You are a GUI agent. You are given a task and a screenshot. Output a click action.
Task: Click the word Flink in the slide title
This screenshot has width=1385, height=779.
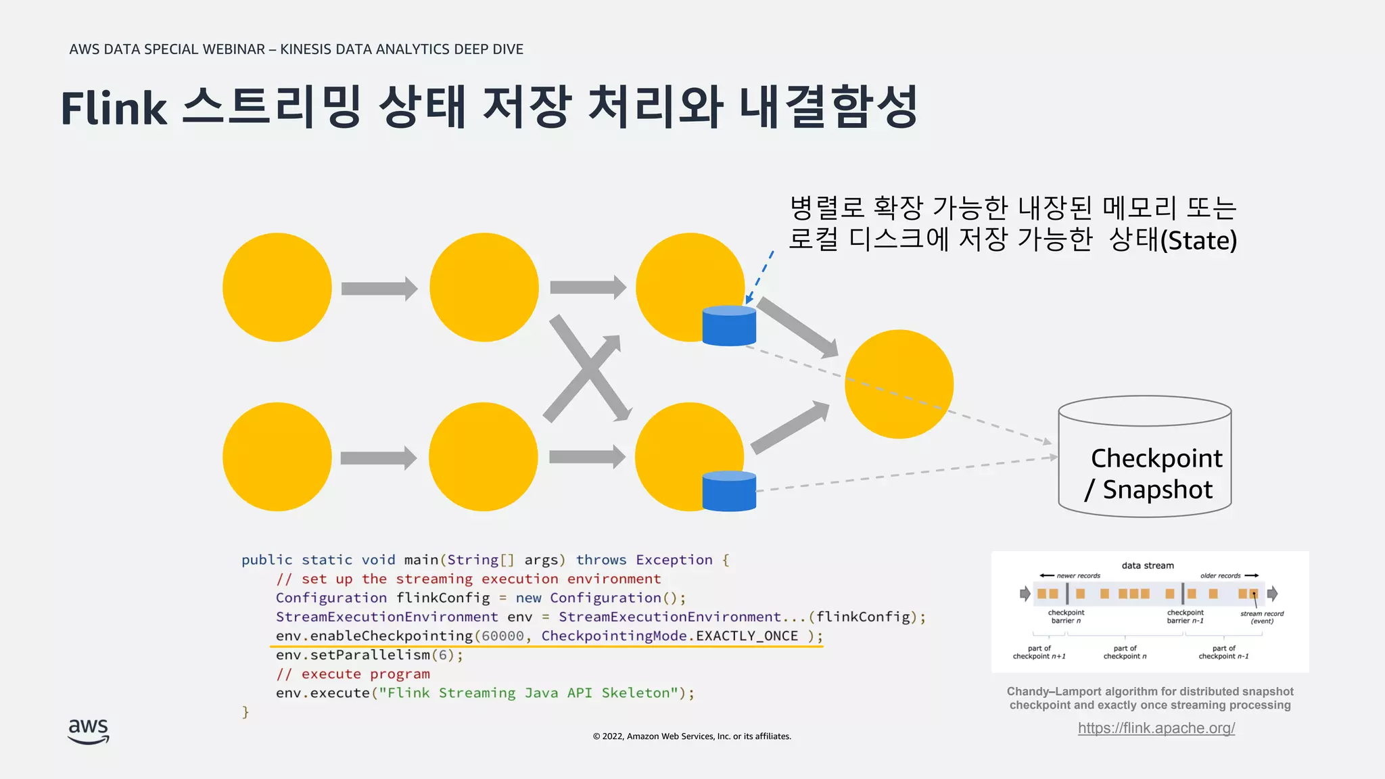point(114,108)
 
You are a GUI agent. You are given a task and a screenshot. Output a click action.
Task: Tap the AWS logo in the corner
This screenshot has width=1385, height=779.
point(89,731)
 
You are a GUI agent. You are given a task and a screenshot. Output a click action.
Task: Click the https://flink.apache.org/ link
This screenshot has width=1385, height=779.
point(1156,728)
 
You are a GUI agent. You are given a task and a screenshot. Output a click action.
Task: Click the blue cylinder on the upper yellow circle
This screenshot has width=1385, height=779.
point(728,327)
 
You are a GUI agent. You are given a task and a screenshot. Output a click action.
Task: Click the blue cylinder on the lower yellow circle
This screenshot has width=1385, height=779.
point(728,492)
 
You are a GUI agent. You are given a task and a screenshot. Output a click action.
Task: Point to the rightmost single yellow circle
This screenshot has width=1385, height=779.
point(899,384)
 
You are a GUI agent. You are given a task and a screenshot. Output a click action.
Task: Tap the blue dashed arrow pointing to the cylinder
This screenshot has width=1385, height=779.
point(760,277)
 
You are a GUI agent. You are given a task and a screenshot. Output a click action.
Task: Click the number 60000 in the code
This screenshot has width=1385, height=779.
point(502,636)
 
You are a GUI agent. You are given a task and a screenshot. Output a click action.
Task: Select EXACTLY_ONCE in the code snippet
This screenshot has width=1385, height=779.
point(747,636)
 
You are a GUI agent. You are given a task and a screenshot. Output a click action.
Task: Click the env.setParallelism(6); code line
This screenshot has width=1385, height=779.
point(369,655)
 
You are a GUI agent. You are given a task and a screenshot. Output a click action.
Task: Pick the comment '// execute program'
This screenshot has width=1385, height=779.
point(353,674)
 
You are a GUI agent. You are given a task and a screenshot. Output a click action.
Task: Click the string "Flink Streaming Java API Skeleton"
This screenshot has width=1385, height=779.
point(528,693)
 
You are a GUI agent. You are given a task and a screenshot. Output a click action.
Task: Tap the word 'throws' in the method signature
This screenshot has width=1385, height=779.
point(601,560)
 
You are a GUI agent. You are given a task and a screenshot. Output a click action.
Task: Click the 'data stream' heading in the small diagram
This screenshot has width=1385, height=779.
point(1148,565)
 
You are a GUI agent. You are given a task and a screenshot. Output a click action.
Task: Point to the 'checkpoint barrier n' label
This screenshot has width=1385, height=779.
point(1066,617)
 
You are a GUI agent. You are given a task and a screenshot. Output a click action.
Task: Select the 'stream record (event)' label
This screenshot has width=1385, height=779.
point(1262,617)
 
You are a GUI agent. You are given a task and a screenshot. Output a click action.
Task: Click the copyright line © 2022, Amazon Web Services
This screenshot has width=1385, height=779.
point(692,736)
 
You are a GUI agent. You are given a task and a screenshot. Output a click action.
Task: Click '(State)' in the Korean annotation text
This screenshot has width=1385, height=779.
point(1198,241)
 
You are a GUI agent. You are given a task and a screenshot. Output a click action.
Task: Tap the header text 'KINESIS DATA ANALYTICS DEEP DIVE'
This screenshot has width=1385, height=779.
point(402,49)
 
